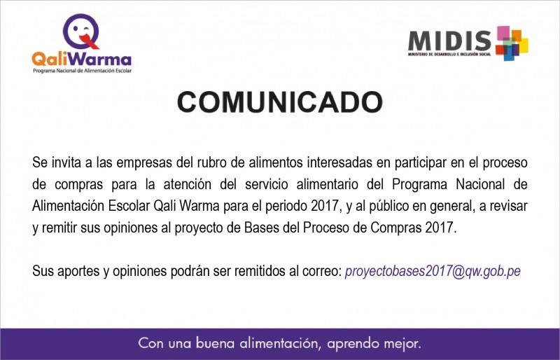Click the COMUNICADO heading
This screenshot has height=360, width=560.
click(279, 102)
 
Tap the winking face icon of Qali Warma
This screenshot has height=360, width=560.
click(81, 32)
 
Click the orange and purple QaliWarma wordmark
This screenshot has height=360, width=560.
click(82, 60)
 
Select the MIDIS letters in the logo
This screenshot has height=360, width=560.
click(449, 41)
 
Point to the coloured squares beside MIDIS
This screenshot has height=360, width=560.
click(512, 43)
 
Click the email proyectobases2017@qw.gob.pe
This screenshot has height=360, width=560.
click(433, 271)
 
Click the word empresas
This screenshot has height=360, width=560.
click(144, 163)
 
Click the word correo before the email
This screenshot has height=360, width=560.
click(322, 271)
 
